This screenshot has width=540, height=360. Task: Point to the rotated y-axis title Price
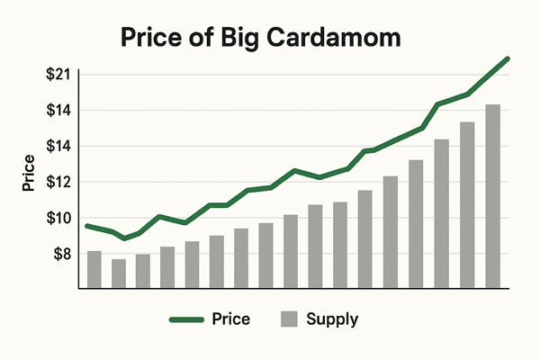click(x=30, y=175)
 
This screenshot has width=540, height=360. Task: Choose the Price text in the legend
click(x=231, y=319)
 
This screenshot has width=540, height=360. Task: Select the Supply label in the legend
click(x=332, y=319)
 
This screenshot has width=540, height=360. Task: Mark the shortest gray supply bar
click(x=118, y=274)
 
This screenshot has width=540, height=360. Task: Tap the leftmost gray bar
click(x=94, y=269)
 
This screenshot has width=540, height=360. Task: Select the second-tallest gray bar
click(x=467, y=205)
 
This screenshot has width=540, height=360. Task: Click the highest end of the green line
click(x=508, y=58)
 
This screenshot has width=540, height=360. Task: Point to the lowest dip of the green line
click(x=124, y=238)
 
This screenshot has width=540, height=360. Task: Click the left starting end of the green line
click(x=86, y=225)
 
